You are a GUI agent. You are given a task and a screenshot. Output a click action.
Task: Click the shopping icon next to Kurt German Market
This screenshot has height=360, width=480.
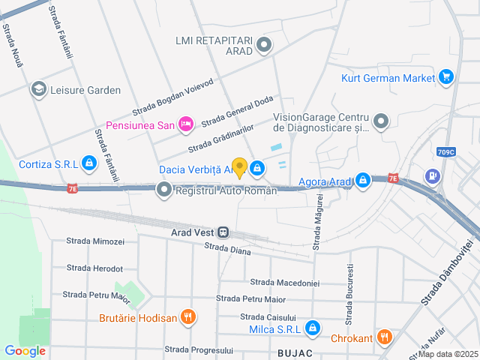coord(446,76)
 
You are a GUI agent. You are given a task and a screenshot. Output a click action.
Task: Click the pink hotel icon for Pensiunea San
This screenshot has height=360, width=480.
coord(187,124)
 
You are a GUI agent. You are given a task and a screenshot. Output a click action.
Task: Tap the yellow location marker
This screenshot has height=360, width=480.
coord(239,167)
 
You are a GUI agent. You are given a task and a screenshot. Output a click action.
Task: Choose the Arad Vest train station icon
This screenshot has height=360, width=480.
coord(223,232)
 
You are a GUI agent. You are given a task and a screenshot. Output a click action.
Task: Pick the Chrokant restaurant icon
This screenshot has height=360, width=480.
coord(384,337)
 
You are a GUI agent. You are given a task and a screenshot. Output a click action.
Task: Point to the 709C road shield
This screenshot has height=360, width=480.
coord(445,152)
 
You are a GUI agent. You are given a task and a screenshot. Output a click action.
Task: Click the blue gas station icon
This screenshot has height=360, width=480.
coord(433,175)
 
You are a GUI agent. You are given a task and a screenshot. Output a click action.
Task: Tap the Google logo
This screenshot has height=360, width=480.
coord(25,351)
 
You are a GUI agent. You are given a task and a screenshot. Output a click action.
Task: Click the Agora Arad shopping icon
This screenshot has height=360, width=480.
coord(363,181)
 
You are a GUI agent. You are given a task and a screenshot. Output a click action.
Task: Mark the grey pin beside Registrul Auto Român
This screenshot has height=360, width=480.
coord(164,190)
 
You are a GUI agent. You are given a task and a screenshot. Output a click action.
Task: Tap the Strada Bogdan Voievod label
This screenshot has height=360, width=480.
coord(173,96)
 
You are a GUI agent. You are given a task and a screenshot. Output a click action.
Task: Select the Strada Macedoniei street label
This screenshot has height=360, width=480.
coord(285,283)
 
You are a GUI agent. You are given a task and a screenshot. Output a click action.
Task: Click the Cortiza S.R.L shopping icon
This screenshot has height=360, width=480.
coord(89,163)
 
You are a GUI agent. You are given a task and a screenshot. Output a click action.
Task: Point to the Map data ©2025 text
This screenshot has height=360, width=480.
coord(448,354)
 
